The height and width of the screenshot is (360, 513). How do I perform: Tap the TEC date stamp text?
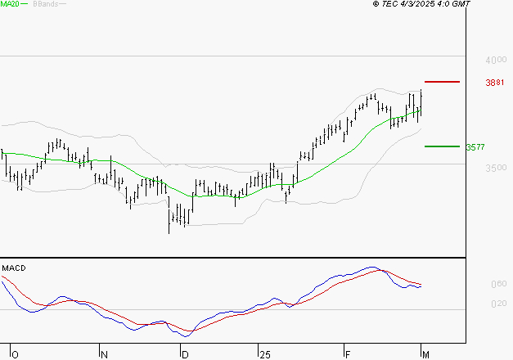(421, 4)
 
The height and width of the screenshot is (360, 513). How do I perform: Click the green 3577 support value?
(475, 147)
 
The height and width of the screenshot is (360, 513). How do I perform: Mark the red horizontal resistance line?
(443, 82)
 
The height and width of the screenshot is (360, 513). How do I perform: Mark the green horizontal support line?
(442, 146)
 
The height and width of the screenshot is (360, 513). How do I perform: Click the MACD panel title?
(13, 268)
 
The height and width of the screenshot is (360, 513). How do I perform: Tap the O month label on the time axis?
(14, 354)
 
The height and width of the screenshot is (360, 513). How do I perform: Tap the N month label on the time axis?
(104, 354)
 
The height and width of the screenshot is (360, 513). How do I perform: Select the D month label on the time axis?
(185, 354)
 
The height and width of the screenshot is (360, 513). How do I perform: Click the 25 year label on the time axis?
(263, 354)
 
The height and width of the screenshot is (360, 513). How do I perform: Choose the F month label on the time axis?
(347, 354)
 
